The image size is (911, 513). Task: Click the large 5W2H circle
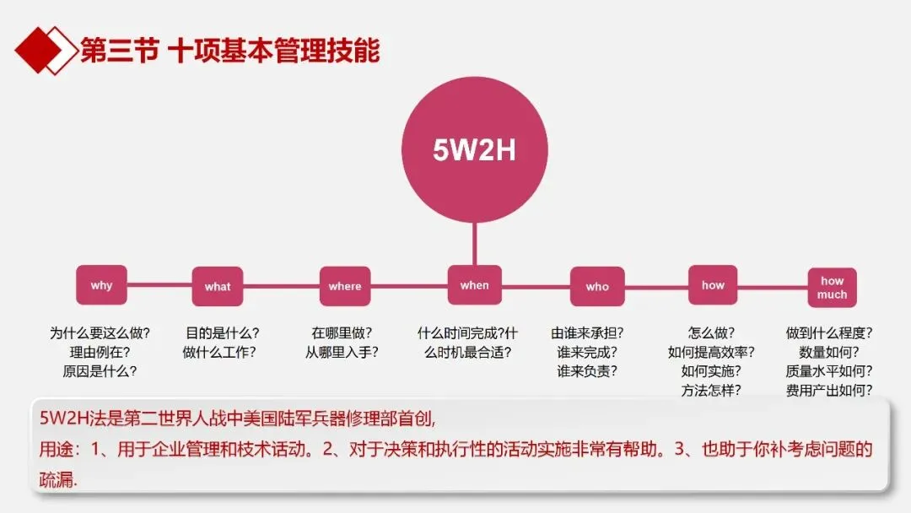coord(475,150)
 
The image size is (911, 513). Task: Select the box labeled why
coord(102,284)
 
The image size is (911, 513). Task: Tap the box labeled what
coord(218,286)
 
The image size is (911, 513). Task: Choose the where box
coord(345,286)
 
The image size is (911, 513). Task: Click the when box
coord(475,284)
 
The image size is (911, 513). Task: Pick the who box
coord(597,286)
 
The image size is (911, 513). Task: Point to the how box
coord(713,284)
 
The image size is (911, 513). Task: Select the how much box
coord(832,288)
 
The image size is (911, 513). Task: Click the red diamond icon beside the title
coord(36,51)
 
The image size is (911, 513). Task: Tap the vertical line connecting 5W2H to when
coord(475,244)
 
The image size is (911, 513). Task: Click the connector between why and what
coord(159,285)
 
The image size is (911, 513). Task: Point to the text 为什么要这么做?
coord(100,333)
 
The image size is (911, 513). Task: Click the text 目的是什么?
coord(222,333)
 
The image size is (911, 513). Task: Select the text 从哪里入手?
coord(342,352)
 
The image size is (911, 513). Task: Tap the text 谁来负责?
coord(587,370)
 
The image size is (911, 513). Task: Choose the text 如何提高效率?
coord(711,352)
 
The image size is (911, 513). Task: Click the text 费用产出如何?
coord(829,391)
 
